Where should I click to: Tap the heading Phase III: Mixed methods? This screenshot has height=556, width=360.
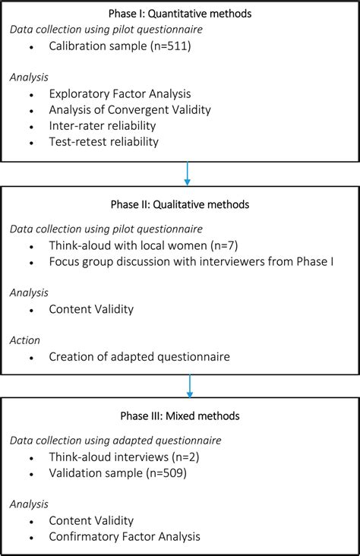click(179, 415)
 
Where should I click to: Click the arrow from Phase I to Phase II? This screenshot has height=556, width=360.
click(188, 174)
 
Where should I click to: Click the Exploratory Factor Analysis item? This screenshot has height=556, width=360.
click(118, 95)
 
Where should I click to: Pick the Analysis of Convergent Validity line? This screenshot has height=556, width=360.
click(130, 111)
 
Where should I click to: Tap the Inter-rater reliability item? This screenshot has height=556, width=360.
click(103, 127)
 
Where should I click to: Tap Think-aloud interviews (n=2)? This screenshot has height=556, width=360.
click(125, 457)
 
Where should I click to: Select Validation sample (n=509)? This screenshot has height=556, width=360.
click(117, 473)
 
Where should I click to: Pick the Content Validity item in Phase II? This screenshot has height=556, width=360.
click(92, 309)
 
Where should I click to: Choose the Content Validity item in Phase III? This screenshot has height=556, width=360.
click(92, 521)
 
